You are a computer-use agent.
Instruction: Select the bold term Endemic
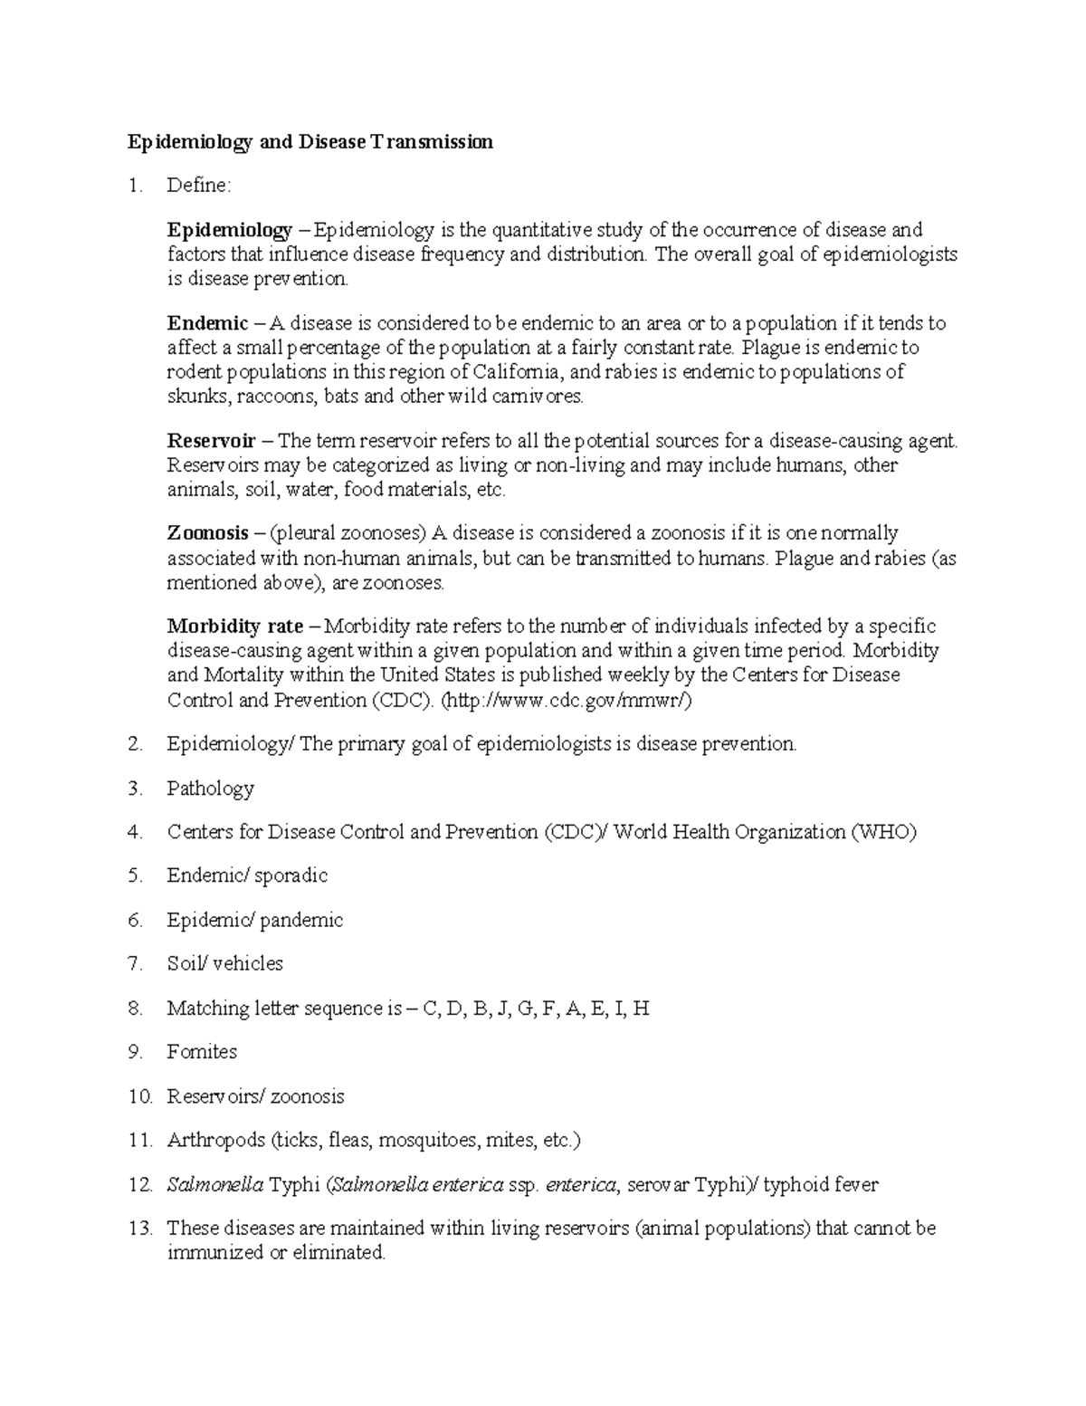click(207, 323)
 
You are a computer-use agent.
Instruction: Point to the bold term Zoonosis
click(207, 532)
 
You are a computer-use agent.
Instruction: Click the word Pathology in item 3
click(210, 789)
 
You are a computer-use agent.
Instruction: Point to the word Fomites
click(202, 1052)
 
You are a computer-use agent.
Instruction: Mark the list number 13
click(139, 1229)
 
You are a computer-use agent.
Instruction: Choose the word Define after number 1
click(198, 186)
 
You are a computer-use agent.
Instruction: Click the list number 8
click(136, 1008)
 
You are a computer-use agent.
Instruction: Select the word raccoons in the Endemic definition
click(274, 397)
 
